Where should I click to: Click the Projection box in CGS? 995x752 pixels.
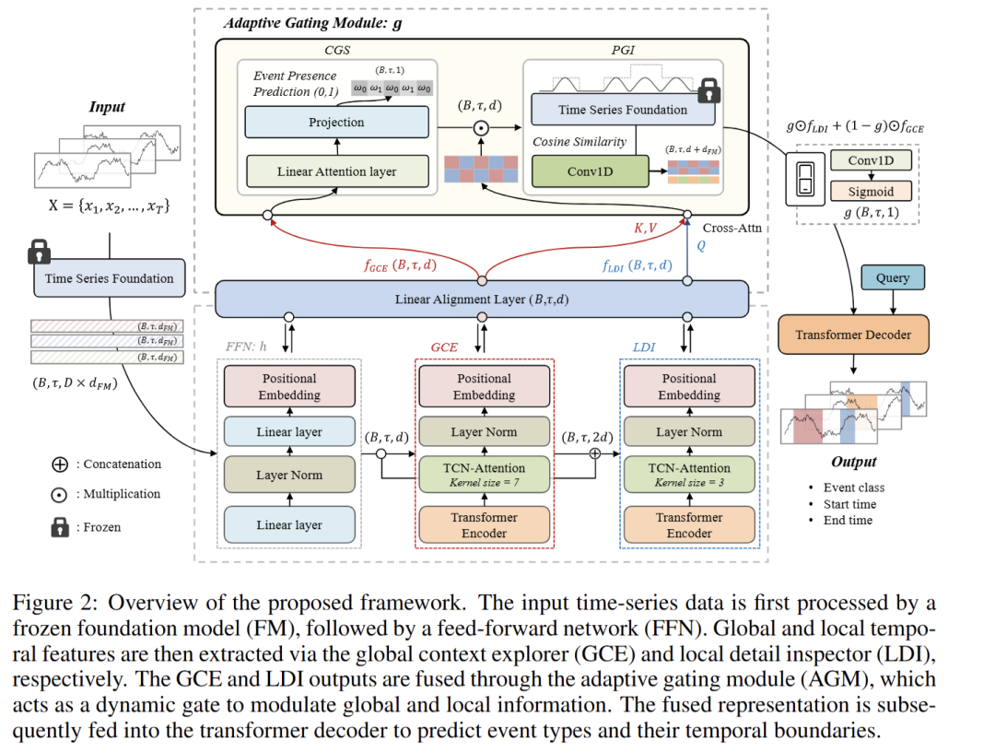(x=336, y=123)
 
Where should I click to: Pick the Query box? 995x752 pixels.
(x=892, y=277)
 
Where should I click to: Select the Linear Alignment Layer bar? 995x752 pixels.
(x=481, y=299)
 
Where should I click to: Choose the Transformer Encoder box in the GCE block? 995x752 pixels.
(x=484, y=524)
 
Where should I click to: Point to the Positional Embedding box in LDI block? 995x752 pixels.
(x=688, y=387)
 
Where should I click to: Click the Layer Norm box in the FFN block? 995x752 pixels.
(x=288, y=476)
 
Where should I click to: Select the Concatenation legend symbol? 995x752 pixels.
(x=60, y=464)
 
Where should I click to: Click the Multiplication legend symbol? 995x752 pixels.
(x=60, y=495)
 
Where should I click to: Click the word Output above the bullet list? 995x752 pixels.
(x=853, y=462)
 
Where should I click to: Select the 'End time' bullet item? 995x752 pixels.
(x=848, y=520)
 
